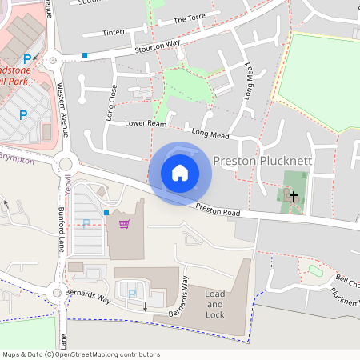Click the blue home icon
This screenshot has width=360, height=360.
tap(180, 173)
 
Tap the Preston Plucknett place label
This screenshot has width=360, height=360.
tap(262, 160)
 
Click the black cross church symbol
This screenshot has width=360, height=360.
tap(294, 196)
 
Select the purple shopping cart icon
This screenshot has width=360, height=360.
tap(124, 223)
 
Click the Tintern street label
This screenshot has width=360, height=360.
tap(115, 33)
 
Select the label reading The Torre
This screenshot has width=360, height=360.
tap(190, 18)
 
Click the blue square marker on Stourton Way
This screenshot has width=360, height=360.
tap(85, 55)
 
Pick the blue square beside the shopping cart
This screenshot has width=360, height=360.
tap(106, 213)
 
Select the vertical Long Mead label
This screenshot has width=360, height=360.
tap(248, 102)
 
